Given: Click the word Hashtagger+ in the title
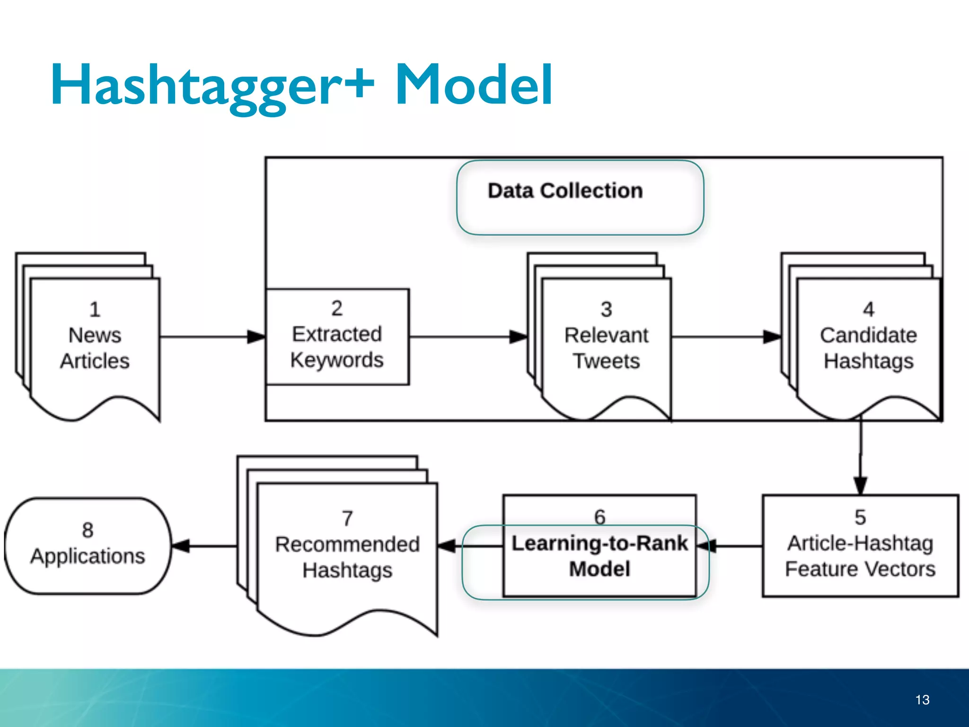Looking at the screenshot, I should pyautogui.click(x=213, y=85).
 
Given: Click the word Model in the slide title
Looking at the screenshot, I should pyautogui.click(x=473, y=85).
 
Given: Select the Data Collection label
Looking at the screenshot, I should pyautogui.click(x=565, y=191).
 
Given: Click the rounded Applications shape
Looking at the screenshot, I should pyautogui.click(x=88, y=545).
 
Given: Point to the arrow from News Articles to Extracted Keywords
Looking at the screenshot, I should pyautogui.click(x=213, y=337).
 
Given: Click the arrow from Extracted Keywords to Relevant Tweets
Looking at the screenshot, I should pyautogui.click(x=468, y=337).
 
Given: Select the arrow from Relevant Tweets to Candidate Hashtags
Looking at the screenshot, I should pyautogui.click(x=726, y=337).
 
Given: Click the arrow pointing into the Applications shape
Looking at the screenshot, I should pyautogui.click(x=203, y=546).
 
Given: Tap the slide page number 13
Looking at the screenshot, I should pyautogui.click(x=922, y=700).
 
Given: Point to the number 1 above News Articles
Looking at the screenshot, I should pyautogui.click(x=95, y=310).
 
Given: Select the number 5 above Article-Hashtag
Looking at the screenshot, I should pyautogui.click(x=860, y=517).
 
